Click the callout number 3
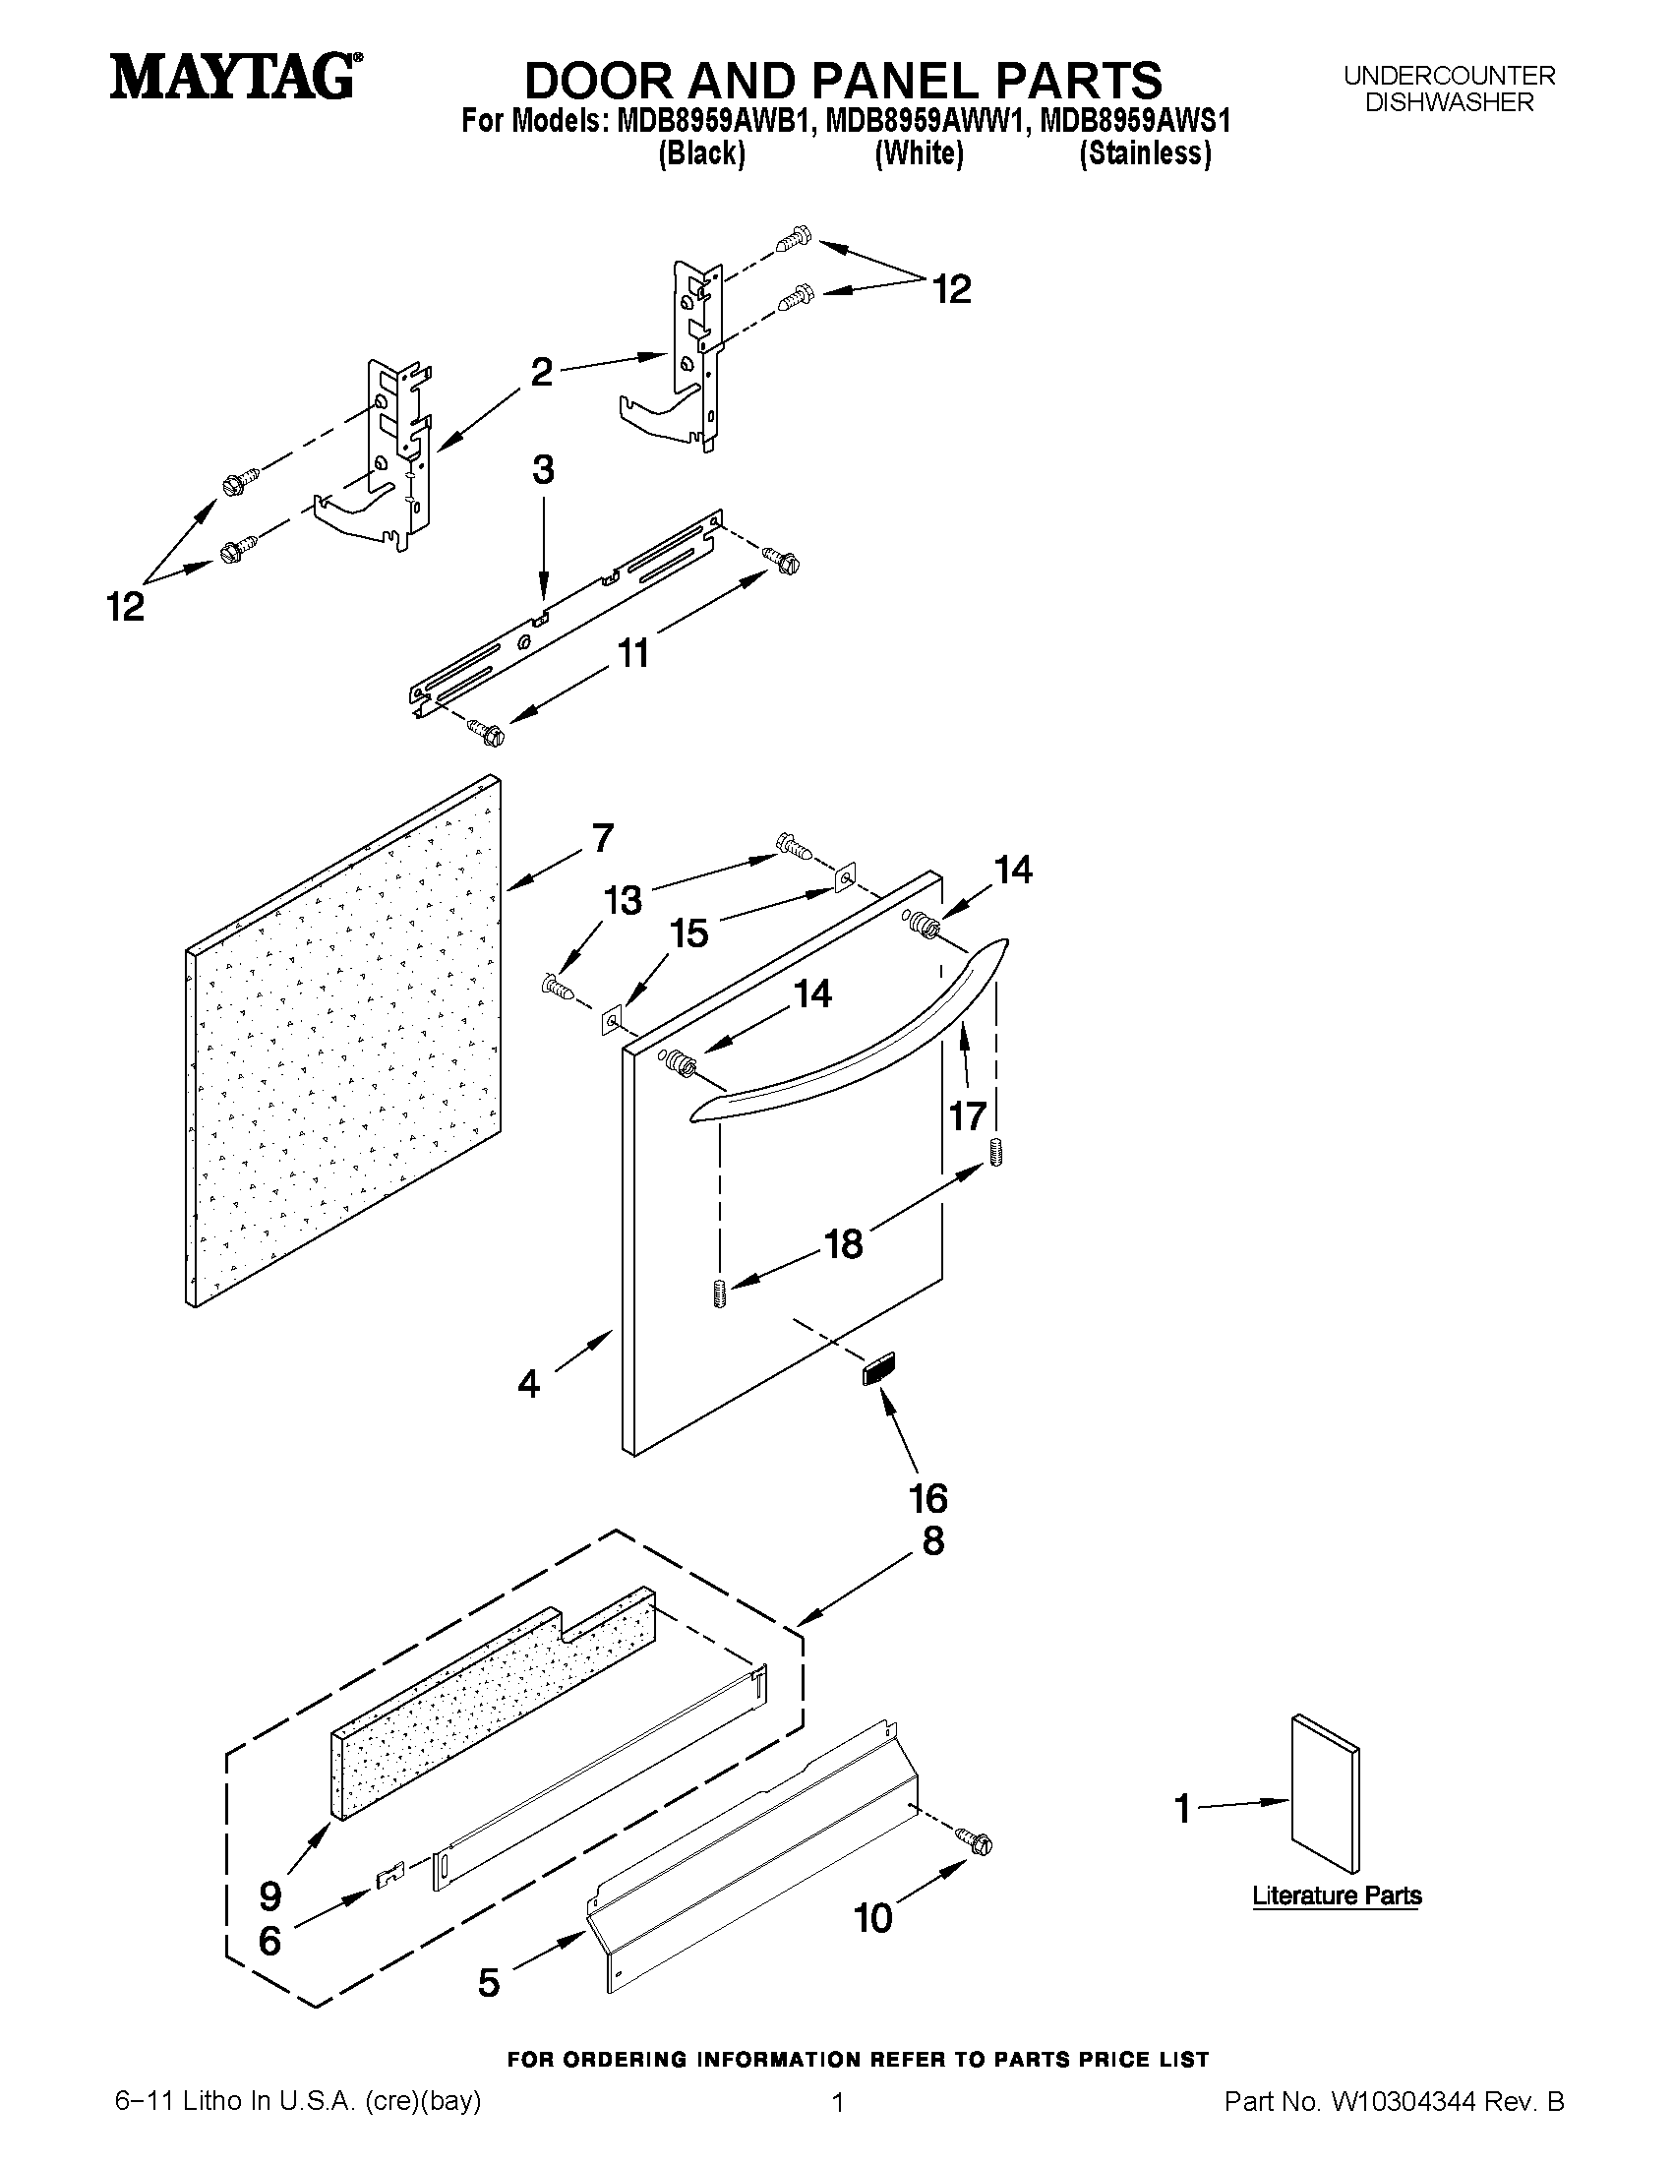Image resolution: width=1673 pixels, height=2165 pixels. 543,470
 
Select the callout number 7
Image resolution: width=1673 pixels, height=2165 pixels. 603,839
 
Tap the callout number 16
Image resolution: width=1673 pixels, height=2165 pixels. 928,1498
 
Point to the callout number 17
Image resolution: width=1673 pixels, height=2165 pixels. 968,1116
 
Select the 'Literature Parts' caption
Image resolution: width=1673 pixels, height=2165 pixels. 1336,1895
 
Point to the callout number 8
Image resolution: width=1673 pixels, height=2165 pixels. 932,1541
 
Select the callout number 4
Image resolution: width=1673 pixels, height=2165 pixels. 529,1383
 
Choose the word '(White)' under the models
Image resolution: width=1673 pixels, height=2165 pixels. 919,154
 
